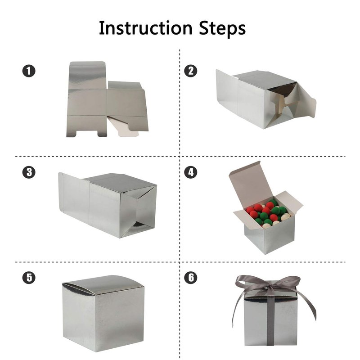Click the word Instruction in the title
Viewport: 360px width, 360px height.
pos(145,28)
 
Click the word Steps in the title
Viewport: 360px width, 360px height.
pos(222,28)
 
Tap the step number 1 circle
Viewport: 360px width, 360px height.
pos(29,71)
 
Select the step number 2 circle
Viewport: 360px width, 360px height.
pos(191,71)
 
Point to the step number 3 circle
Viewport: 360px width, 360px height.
pos(29,172)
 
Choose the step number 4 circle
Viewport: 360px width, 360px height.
pos(191,172)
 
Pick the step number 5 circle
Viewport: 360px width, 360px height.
pos(29,277)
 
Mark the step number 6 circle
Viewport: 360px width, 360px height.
pos(191,277)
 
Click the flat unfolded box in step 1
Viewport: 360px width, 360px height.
pos(107,99)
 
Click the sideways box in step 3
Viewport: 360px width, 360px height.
pos(108,205)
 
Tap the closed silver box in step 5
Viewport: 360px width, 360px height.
pos(103,313)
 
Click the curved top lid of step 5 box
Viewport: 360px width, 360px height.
pos(103,285)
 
